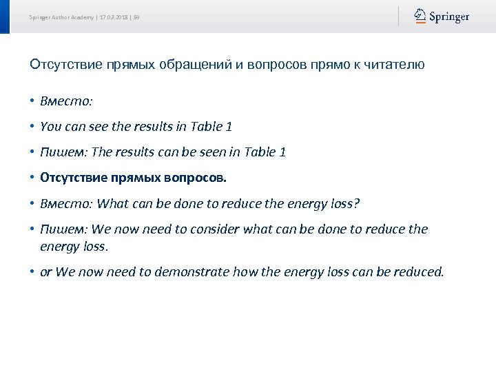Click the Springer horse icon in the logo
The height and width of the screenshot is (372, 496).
[x=420, y=16]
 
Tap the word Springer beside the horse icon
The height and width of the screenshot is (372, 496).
[x=449, y=17]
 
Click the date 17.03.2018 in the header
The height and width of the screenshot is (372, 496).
[x=113, y=17]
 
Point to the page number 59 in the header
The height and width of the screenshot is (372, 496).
[x=136, y=17]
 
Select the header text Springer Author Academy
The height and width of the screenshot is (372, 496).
[x=61, y=17]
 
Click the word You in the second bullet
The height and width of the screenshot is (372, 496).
[x=51, y=127]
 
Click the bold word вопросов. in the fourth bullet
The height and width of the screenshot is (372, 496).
[x=195, y=178]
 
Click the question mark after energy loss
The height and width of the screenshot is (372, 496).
[x=357, y=204]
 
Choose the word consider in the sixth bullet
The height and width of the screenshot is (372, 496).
[x=209, y=229]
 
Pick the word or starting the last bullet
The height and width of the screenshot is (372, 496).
[x=46, y=273]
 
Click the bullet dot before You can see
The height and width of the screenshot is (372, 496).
[x=32, y=127]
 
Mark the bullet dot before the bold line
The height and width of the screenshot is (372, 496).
[x=32, y=178]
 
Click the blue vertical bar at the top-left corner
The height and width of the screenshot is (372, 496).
[x=5, y=17]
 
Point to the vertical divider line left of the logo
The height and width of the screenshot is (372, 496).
[x=398, y=17]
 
